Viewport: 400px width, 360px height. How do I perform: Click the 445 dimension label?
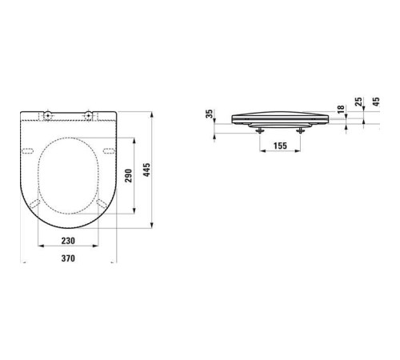[x=146, y=170]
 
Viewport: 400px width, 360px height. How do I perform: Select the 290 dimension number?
[x=129, y=176]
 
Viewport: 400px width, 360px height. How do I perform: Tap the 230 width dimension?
[x=68, y=241]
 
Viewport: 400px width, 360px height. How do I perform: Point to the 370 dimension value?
[x=68, y=258]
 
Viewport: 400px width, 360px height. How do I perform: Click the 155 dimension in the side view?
[x=280, y=146]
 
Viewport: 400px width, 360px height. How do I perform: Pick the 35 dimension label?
[x=210, y=114]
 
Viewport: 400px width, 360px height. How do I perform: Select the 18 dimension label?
[x=341, y=110]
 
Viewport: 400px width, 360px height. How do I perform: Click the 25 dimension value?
[x=359, y=102]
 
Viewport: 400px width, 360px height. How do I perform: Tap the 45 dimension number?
[x=376, y=102]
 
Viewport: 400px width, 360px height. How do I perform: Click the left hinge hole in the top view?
[x=48, y=115]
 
